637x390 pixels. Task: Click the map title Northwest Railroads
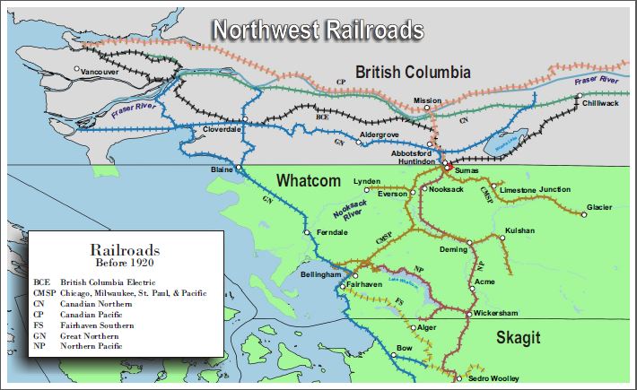click(318, 30)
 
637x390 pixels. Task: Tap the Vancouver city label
click(99, 70)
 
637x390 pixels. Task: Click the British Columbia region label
click(412, 73)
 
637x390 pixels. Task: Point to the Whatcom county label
click(310, 179)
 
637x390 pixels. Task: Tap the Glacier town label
click(599, 207)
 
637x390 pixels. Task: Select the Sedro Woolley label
click(493, 378)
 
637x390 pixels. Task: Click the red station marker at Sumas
click(447, 168)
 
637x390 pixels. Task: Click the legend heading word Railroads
click(125, 250)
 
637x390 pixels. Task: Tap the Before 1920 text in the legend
click(125, 264)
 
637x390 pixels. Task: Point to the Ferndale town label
click(331, 233)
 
